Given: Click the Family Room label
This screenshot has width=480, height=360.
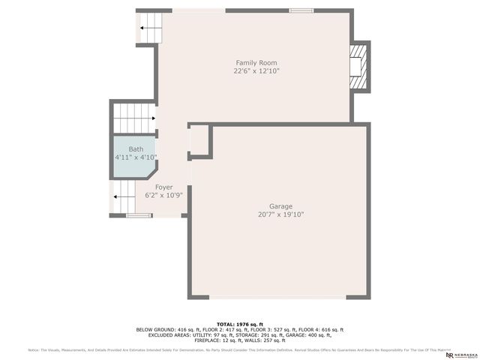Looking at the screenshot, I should point(256,62).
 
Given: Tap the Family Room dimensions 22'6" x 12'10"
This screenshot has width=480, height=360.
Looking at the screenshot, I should point(256,71).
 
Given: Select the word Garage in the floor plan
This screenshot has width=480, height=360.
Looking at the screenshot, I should point(281,206).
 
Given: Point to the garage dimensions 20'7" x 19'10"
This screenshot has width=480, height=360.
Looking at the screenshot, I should point(281,214).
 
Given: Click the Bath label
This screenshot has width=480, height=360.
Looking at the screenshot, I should point(136,149).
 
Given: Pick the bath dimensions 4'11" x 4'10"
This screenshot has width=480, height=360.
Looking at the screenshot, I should point(136,157).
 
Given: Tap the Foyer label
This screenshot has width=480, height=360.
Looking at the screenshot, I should point(163,187).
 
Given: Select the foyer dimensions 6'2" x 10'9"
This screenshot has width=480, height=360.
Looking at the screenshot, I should point(163,195).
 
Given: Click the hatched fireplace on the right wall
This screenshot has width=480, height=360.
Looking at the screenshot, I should point(361,66).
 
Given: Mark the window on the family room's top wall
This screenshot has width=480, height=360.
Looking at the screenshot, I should point(301,10).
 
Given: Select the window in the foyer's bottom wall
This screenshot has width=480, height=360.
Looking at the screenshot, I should point(138,216).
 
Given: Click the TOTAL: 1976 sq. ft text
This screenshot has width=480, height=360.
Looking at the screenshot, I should point(239,323).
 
